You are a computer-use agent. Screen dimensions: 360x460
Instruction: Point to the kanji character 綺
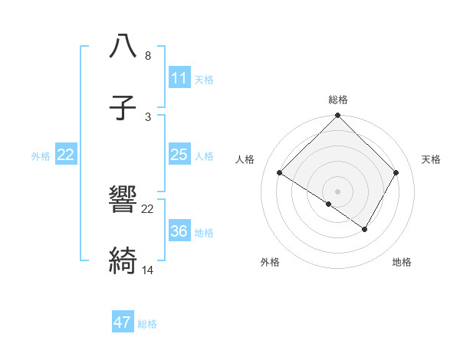tap(123, 261)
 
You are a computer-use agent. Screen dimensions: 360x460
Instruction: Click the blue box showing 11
tap(179, 78)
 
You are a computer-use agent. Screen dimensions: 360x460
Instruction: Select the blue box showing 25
tap(179, 155)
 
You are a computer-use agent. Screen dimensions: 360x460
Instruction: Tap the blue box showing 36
tap(179, 231)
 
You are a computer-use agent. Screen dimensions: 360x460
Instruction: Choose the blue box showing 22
tap(66, 155)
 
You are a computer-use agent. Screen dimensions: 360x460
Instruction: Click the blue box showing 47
tap(123, 322)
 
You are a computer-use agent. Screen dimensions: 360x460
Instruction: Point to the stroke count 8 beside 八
tap(148, 56)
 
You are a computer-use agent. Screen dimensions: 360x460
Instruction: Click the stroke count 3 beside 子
tap(148, 117)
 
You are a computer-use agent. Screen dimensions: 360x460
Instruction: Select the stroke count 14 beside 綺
tap(148, 270)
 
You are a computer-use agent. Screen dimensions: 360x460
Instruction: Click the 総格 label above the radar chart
tap(338, 100)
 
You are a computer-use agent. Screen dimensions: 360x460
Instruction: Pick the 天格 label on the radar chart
tap(431, 159)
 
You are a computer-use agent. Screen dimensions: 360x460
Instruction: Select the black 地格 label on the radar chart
tap(402, 262)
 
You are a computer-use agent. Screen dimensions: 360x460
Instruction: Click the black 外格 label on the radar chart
tap(270, 262)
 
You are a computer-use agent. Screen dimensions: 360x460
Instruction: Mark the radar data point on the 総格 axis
tap(338, 116)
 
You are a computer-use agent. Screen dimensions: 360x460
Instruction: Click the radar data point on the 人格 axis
tap(280, 173)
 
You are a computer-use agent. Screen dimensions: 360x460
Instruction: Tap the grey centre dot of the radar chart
tap(338, 191)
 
